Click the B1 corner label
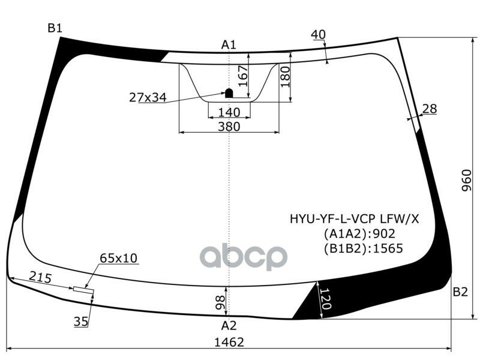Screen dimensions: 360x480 coord(55,28)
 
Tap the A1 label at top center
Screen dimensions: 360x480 coord(229,44)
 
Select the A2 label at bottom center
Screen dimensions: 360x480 coord(229,326)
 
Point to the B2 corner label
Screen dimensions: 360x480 coord(460,292)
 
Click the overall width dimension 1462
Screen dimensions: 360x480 coord(229,343)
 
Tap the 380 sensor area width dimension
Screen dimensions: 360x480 coord(229,127)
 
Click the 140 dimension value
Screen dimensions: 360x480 coord(229,112)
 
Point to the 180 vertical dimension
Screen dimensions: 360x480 coord(285,77)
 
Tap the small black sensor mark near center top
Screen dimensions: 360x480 coord(229,93)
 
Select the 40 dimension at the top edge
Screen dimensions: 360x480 coord(319,35)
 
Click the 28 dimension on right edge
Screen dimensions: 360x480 coord(430,109)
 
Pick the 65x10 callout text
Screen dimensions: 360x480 coord(118,258)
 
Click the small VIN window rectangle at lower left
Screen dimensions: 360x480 coord(84,290)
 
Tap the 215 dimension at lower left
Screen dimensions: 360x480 coord(40,278)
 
